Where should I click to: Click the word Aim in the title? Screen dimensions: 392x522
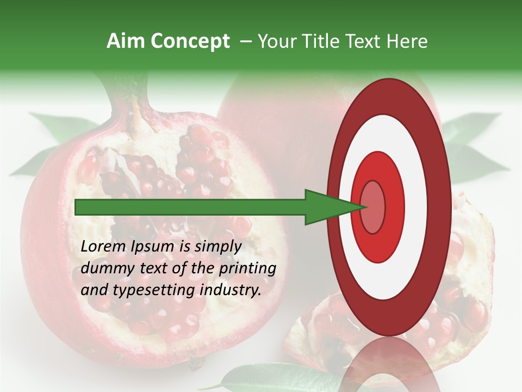pos(126,41)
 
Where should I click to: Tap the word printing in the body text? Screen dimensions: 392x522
pos(247,268)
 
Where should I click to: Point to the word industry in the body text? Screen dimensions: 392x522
pos(228,290)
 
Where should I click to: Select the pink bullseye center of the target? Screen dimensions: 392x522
pos(373,207)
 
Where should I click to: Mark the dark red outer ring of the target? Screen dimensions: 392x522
pos(442,207)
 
